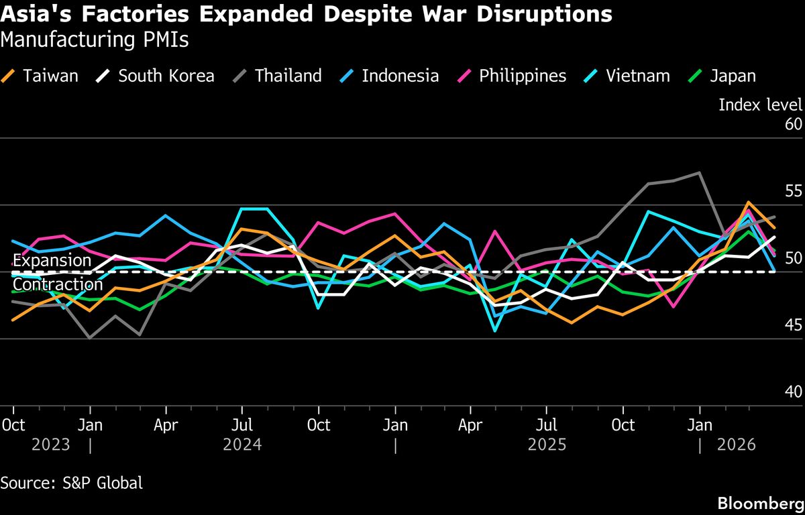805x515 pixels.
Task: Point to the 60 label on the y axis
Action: click(x=793, y=125)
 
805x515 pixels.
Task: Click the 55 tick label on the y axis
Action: click(x=793, y=192)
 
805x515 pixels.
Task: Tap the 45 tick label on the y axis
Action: click(x=793, y=326)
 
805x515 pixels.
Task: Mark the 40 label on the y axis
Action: click(x=793, y=392)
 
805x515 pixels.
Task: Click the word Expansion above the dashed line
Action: click(x=52, y=260)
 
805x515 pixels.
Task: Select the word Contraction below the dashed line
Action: click(x=58, y=285)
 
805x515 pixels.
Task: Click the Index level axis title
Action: click(x=760, y=105)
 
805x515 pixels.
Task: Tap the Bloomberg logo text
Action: click(x=760, y=503)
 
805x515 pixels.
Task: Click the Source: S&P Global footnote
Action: click(x=72, y=483)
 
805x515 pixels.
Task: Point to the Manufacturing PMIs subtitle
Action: click(x=95, y=40)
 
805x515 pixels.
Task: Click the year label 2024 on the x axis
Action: click(x=242, y=445)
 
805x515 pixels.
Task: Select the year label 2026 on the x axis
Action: click(x=736, y=445)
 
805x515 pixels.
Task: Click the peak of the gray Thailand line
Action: click(x=700, y=173)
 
